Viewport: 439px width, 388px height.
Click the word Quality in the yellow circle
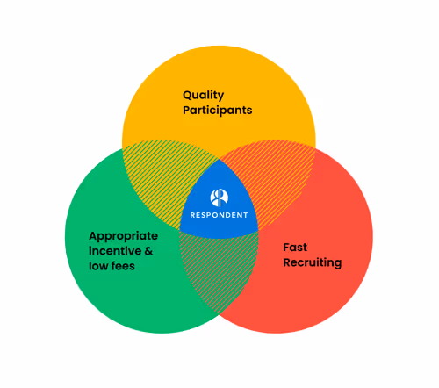point(203,95)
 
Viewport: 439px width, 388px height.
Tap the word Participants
point(218,111)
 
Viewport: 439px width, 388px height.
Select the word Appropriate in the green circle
point(124,235)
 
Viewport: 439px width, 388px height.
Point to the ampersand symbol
point(148,250)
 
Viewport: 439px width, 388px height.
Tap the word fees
point(123,265)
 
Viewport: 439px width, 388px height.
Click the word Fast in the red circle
point(295,247)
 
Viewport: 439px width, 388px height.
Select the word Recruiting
point(312,262)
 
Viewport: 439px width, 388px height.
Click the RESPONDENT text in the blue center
point(219,215)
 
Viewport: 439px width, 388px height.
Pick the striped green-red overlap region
point(219,272)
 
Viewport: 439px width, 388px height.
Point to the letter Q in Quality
point(188,95)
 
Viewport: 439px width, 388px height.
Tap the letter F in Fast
point(286,247)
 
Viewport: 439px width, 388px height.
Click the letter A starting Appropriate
point(94,235)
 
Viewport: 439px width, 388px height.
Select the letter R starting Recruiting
point(287,262)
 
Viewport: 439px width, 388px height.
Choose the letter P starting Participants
point(186,111)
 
